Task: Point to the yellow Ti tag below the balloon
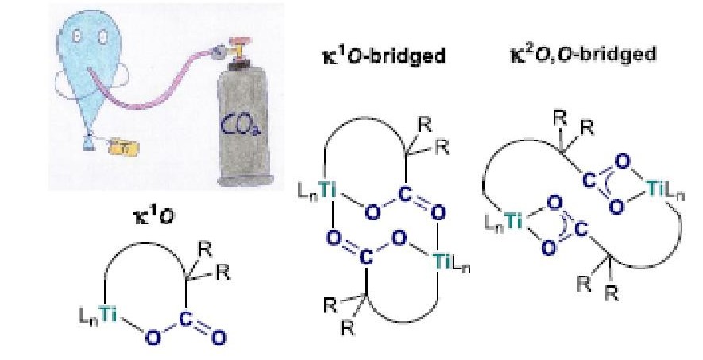pos(122,145)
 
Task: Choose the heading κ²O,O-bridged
pos(581,54)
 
